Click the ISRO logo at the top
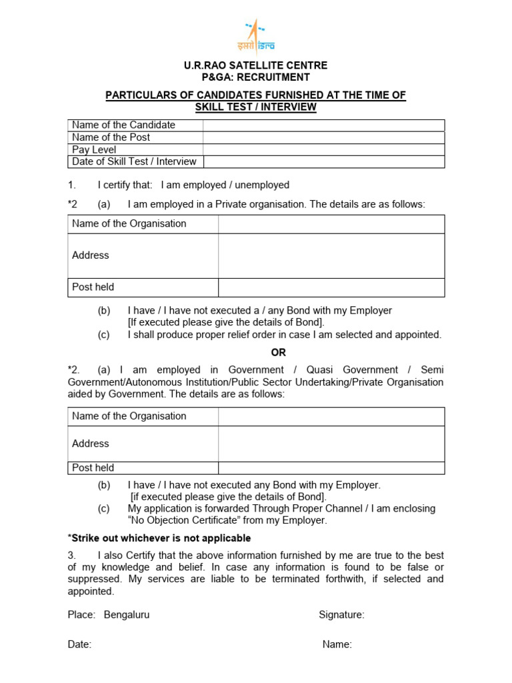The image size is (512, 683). click(256, 36)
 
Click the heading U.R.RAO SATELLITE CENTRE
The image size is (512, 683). click(256, 65)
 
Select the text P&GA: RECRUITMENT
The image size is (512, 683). click(256, 77)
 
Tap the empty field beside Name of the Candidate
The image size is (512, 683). click(323, 125)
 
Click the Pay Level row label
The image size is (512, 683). click(94, 149)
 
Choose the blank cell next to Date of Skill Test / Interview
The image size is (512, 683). click(323, 161)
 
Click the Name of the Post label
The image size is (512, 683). click(111, 137)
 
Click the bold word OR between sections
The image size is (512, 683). click(256, 352)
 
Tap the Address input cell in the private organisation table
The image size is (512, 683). click(331, 255)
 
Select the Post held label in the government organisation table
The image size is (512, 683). click(93, 468)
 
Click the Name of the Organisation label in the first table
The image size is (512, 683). click(129, 223)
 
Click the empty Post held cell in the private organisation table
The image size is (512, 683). click(331, 287)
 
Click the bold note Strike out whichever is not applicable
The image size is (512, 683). click(159, 538)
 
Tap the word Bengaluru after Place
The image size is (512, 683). click(127, 615)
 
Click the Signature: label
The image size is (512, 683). click(341, 615)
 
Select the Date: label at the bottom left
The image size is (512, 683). click(79, 644)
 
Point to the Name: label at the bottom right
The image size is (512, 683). click(337, 644)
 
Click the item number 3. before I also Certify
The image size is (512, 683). click(72, 556)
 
